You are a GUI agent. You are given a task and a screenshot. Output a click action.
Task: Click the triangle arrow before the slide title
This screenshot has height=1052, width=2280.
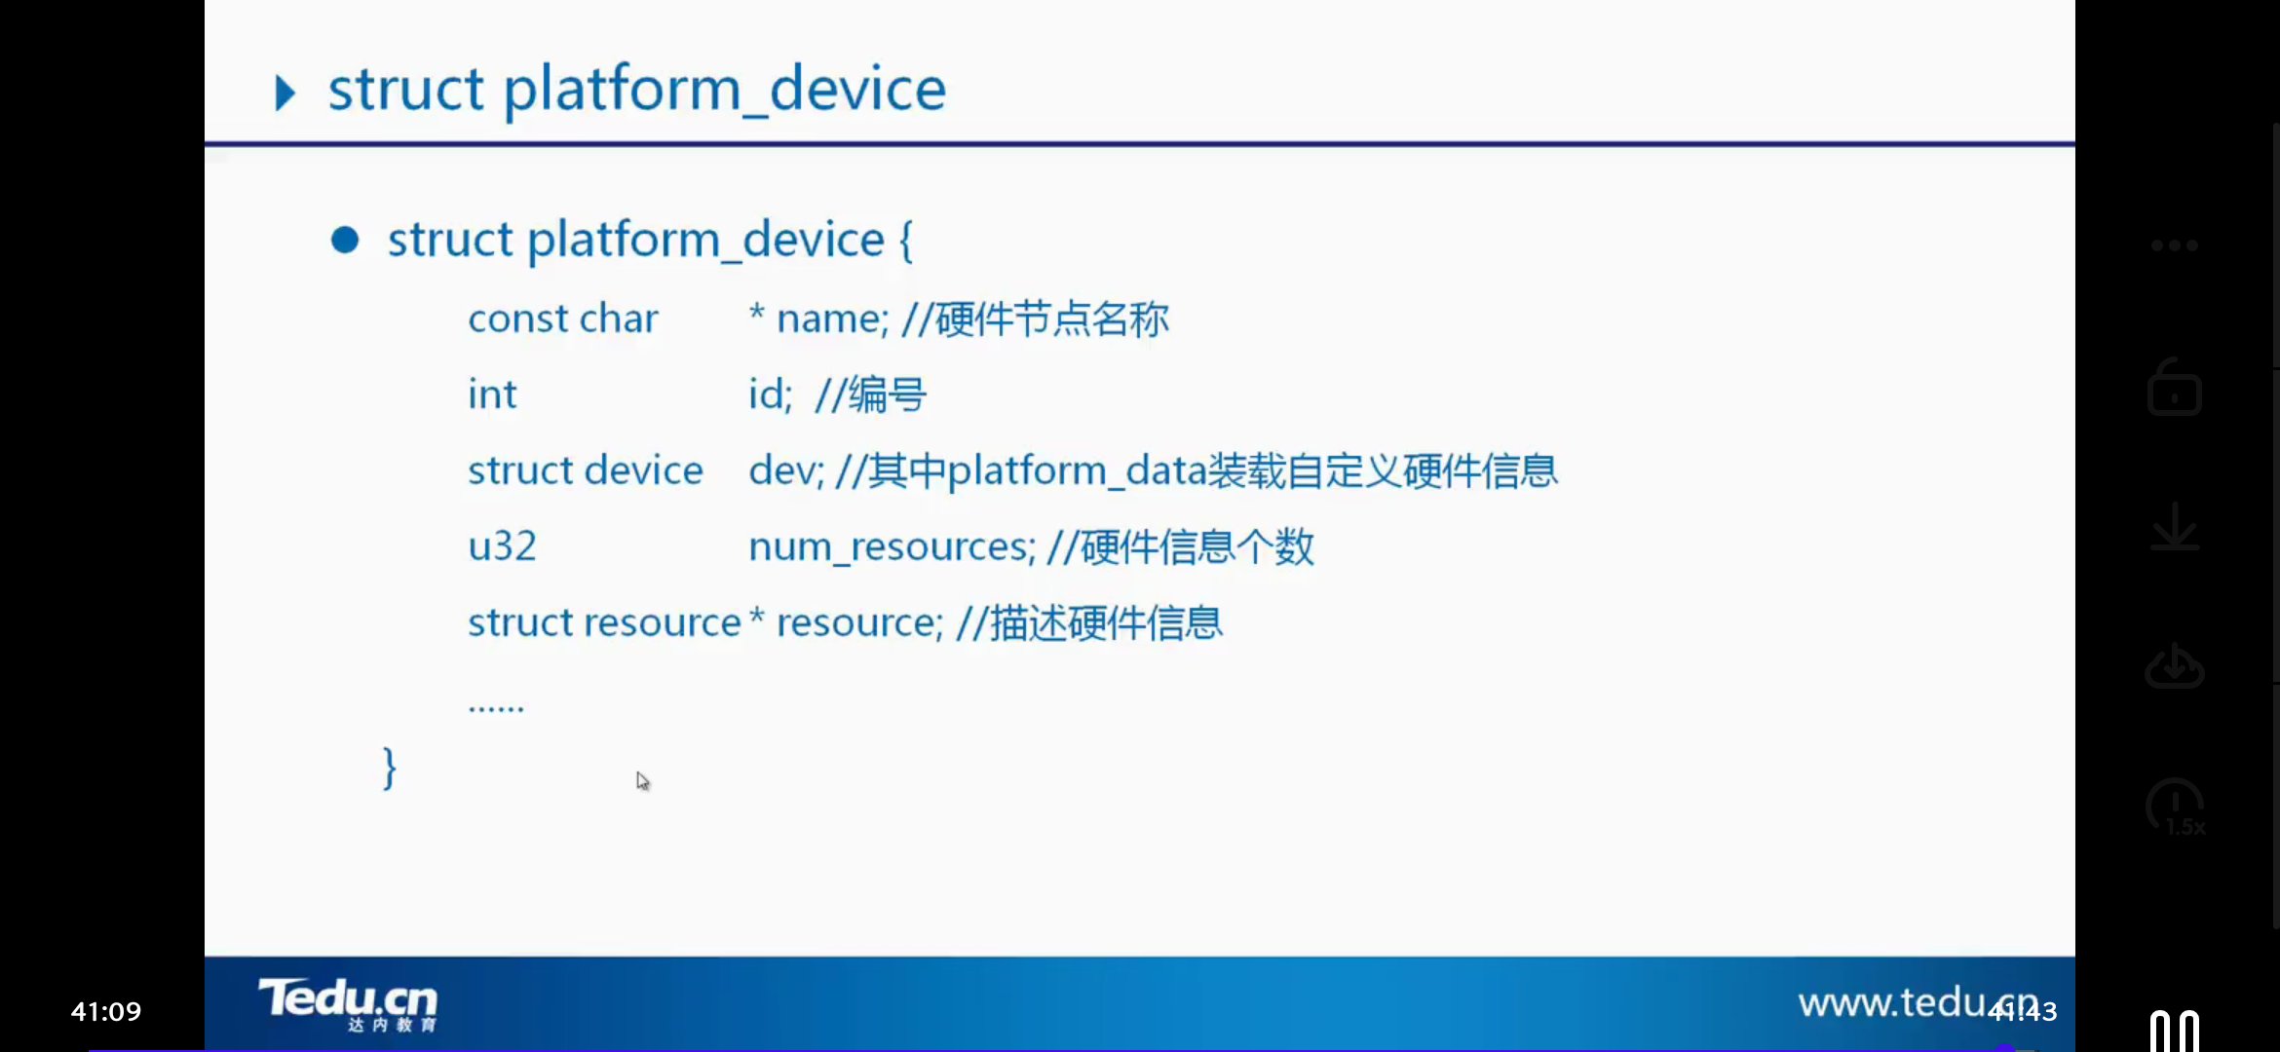point(285,94)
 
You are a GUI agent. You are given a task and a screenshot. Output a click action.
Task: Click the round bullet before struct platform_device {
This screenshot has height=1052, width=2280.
point(345,240)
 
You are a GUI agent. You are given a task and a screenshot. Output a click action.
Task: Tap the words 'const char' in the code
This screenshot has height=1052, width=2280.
point(563,319)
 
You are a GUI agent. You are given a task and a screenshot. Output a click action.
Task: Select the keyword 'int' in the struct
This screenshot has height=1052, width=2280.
point(492,394)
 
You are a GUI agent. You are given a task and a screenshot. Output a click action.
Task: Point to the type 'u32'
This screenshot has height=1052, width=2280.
point(502,546)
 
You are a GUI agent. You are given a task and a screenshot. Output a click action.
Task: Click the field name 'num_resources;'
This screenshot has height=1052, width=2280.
point(892,547)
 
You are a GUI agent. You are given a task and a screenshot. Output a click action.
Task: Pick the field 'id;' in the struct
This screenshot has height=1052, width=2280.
point(770,394)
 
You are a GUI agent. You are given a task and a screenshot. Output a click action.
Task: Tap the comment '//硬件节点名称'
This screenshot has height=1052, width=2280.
point(1035,319)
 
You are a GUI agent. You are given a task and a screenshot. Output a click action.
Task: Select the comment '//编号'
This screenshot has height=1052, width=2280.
point(870,394)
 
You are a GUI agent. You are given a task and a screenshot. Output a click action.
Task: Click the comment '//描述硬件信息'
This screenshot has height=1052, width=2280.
point(1089,622)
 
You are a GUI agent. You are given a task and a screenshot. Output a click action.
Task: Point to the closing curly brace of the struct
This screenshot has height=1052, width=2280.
point(390,769)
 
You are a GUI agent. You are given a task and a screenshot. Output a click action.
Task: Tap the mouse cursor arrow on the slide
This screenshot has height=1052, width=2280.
point(643,781)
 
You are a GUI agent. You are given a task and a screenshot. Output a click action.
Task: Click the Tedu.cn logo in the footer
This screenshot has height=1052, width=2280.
point(348,1004)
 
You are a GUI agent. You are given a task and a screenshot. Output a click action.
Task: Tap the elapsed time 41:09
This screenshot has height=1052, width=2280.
point(106,1012)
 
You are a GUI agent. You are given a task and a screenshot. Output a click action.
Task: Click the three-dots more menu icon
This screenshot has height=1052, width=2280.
point(2175,245)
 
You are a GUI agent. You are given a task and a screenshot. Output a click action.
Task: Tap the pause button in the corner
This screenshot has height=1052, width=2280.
point(2175,1032)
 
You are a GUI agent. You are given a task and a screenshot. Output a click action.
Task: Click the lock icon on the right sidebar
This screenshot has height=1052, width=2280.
point(2175,388)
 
